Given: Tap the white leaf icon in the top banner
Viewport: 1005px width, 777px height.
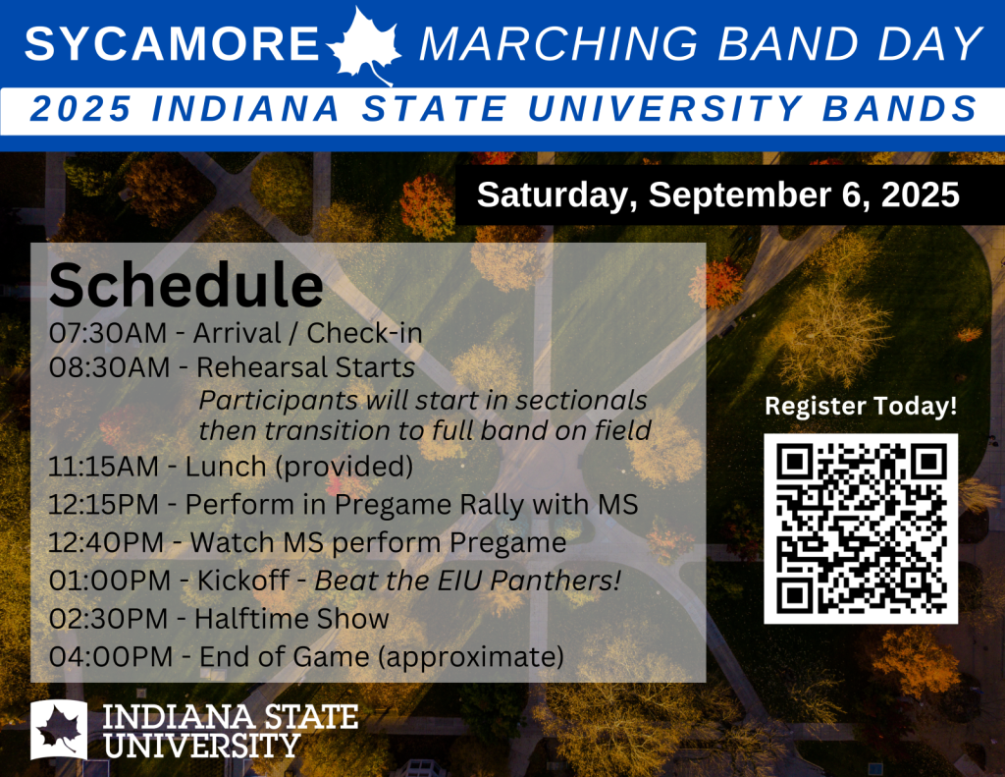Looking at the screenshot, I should pyautogui.click(x=363, y=44).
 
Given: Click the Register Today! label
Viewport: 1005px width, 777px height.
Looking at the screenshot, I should pyautogui.click(x=860, y=405).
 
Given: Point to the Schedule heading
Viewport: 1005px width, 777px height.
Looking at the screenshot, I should pyautogui.click(x=185, y=285).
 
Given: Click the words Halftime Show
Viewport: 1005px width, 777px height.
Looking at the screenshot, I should pyautogui.click(x=291, y=619).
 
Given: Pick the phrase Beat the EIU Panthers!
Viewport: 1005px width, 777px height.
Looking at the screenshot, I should pyautogui.click(x=467, y=581).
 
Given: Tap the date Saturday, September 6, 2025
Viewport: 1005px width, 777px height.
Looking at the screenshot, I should pyautogui.click(x=717, y=194).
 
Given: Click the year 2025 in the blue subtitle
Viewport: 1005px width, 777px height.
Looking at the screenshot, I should pyautogui.click(x=80, y=110).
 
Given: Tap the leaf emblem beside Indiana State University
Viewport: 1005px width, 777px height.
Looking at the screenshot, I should pyautogui.click(x=59, y=730).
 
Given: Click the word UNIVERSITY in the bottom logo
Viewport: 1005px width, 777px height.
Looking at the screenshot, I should pyautogui.click(x=201, y=746).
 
